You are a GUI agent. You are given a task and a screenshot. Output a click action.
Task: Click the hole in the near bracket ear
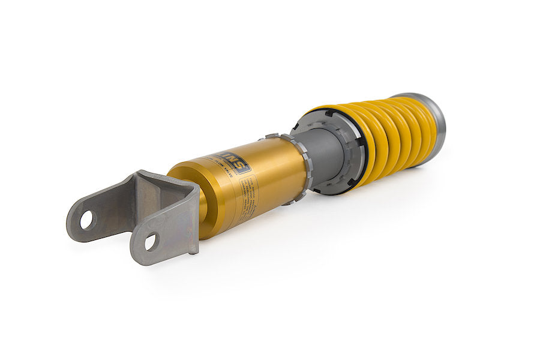pos(150,242)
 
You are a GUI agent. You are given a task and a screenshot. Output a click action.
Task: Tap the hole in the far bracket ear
pos(87,220)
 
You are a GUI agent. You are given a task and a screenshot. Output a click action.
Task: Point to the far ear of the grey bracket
pos(90,216)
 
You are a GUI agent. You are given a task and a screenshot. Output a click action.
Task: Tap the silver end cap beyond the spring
pos(435,123)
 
